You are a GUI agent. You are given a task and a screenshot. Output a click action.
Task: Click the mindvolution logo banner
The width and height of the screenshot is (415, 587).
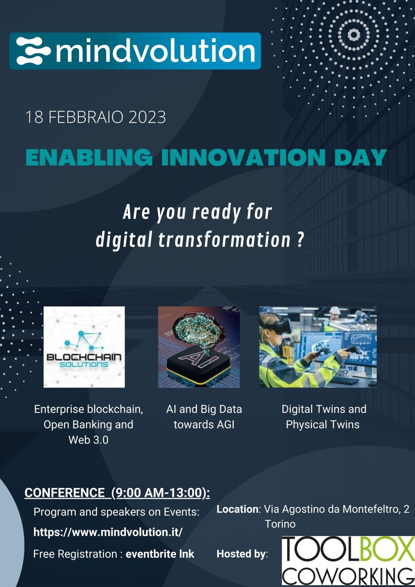(x=135, y=51)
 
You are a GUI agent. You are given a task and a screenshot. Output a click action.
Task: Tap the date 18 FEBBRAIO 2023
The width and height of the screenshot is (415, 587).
(x=95, y=117)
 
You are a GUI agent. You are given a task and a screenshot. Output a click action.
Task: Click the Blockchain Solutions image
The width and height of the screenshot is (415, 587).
(x=84, y=347)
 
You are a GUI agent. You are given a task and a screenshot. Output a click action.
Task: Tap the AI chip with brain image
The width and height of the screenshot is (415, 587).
(x=199, y=347)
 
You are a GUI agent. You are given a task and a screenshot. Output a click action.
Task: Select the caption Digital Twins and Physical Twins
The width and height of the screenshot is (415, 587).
(x=324, y=417)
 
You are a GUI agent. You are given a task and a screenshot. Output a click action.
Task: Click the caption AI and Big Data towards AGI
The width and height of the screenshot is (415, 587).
(x=204, y=417)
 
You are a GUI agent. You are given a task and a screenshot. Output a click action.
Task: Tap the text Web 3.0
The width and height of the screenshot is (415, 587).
(x=88, y=440)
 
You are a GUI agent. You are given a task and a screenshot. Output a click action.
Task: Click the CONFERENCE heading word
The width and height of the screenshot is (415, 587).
(x=65, y=492)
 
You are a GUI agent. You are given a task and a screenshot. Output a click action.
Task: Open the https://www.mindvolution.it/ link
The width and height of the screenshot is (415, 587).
(x=108, y=532)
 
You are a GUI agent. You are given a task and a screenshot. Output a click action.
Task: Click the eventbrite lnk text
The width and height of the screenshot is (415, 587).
(x=160, y=554)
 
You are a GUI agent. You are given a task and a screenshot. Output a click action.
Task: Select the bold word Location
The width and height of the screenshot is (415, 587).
(x=238, y=509)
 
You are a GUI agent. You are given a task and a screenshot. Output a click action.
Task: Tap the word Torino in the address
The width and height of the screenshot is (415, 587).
(x=280, y=524)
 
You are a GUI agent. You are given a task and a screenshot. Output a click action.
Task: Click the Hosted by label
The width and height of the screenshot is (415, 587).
(x=242, y=554)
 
